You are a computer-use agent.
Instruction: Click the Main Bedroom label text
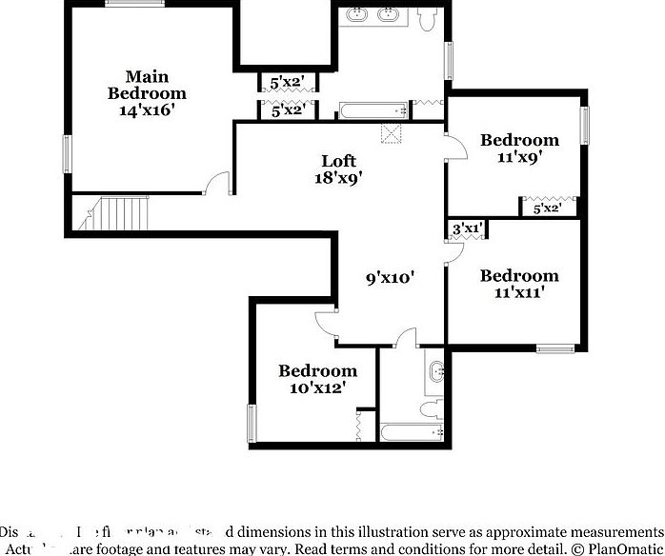(x=147, y=92)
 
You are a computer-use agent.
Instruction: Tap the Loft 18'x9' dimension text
(x=338, y=169)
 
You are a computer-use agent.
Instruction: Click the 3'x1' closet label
(x=467, y=228)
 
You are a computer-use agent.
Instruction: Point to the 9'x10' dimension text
(x=391, y=278)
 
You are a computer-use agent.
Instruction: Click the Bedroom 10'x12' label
(x=317, y=379)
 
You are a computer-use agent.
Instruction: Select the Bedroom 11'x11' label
(x=519, y=284)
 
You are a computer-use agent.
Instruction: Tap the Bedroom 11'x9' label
(x=519, y=149)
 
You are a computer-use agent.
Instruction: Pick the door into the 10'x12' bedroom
(x=326, y=322)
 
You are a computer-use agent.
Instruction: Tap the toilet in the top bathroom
(x=429, y=19)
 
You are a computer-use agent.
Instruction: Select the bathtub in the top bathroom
(x=373, y=111)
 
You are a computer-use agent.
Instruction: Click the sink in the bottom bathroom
(x=437, y=371)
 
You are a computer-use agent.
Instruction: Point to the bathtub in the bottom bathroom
(x=413, y=432)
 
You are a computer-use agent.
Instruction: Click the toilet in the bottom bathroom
(x=431, y=407)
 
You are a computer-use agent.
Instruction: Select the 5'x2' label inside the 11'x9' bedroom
(x=547, y=208)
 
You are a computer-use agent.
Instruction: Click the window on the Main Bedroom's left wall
(x=67, y=152)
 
